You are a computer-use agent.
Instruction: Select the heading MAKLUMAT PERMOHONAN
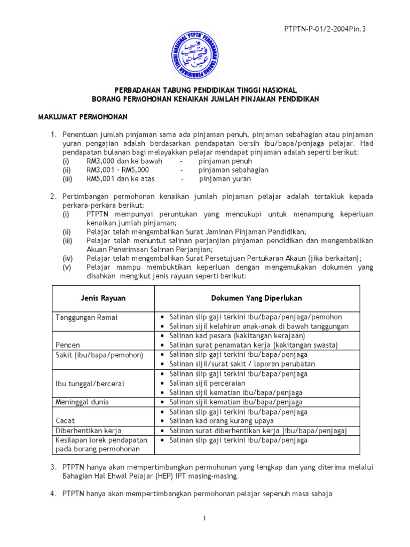(81, 116)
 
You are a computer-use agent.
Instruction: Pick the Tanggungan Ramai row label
(86, 317)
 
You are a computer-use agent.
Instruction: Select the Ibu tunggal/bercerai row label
(89, 383)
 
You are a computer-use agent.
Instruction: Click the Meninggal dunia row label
(82, 402)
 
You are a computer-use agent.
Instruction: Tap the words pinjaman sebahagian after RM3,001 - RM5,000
(233, 170)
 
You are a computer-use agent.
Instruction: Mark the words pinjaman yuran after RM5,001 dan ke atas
(224, 179)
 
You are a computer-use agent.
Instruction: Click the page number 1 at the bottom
(204, 519)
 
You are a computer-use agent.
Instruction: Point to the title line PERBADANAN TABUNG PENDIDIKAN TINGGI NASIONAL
(204, 90)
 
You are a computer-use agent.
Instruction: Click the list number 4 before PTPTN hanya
(53, 494)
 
